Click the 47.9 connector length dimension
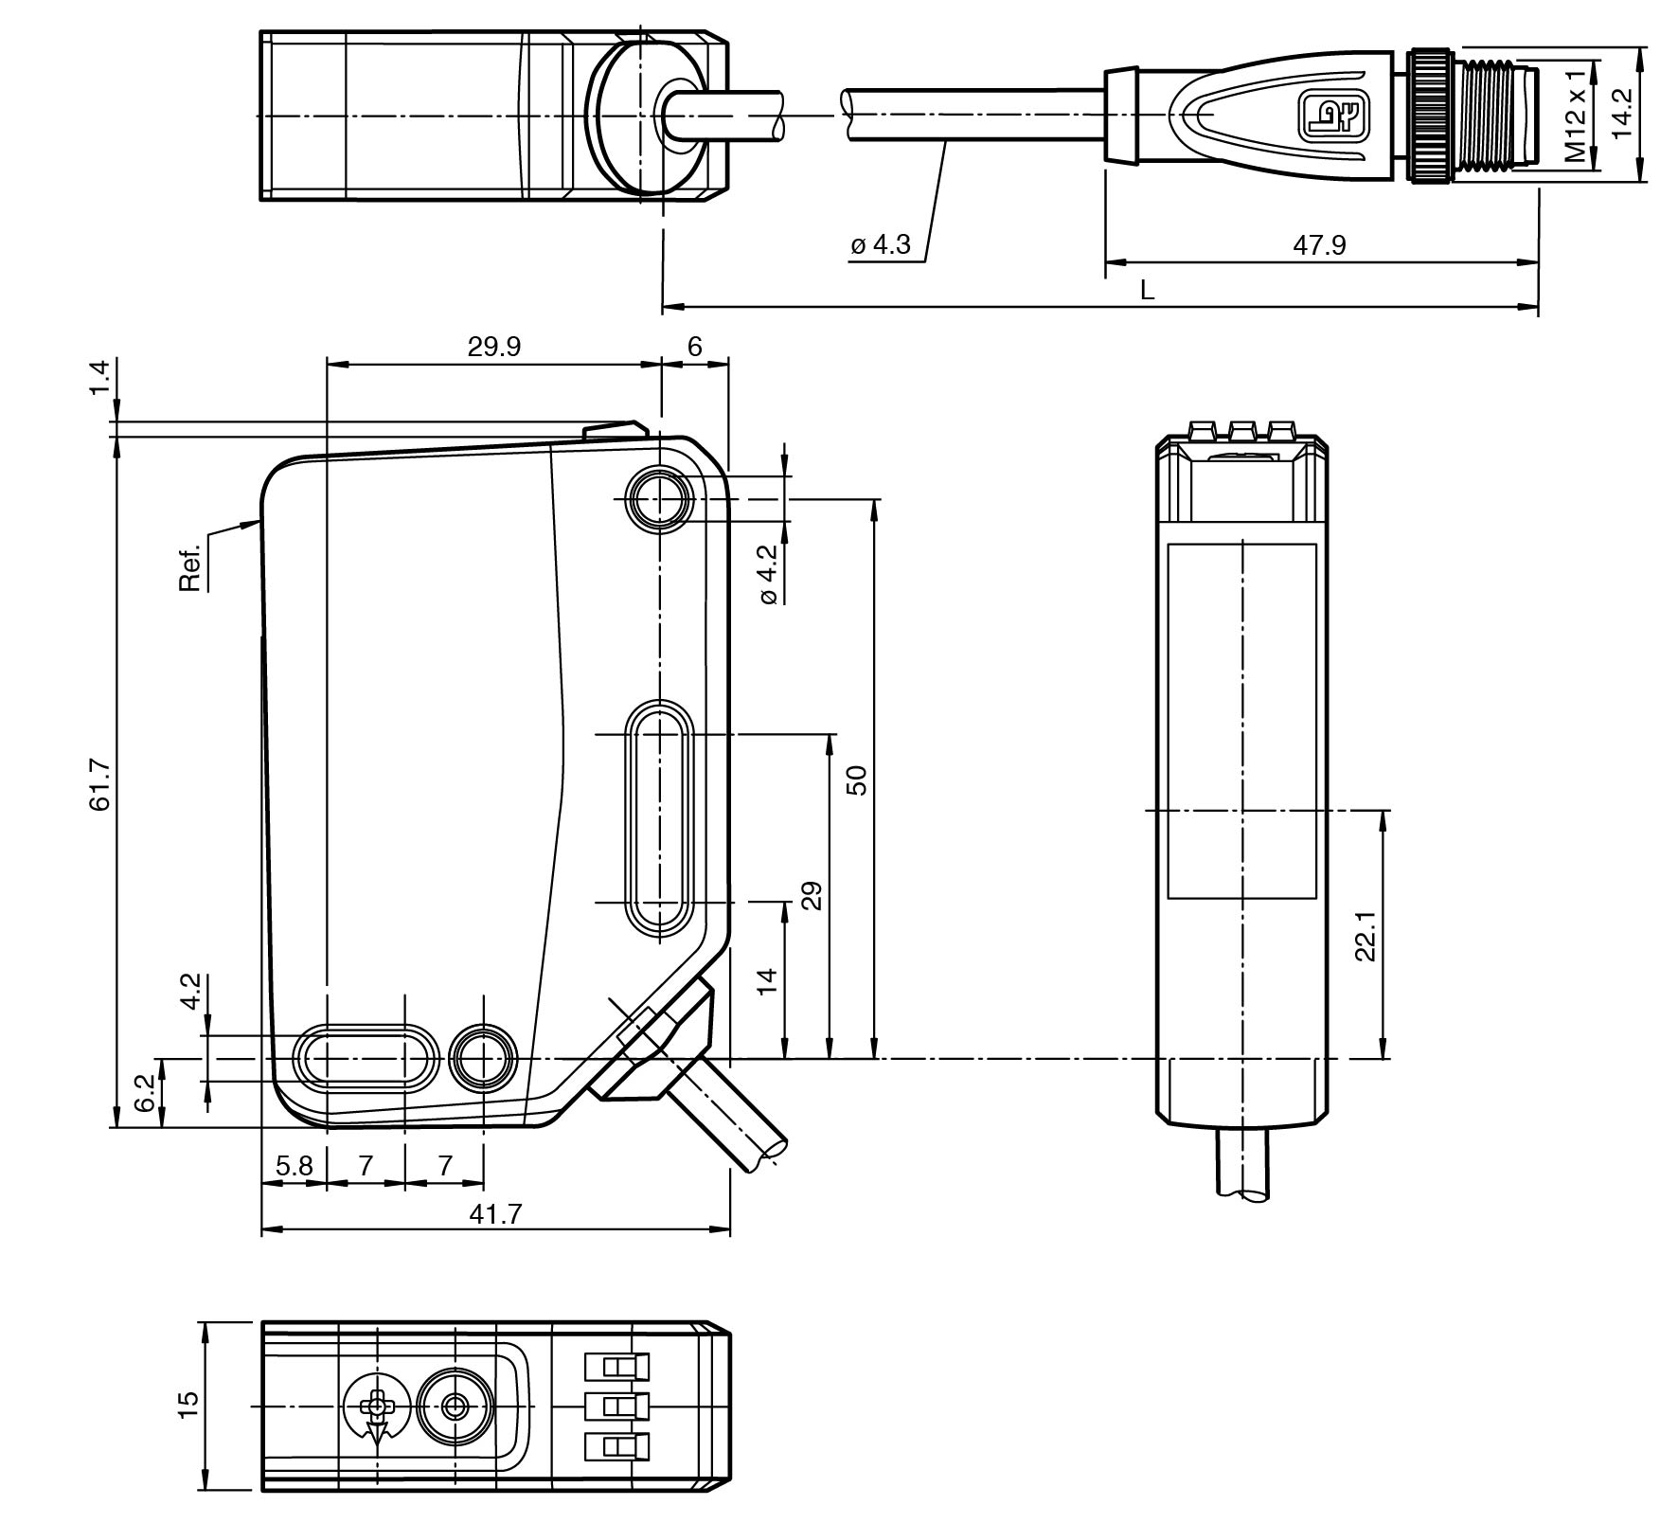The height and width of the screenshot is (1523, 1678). [1319, 245]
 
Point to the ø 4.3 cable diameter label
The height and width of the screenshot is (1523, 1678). [880, 245]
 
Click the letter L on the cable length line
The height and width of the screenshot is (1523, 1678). [1147, 291]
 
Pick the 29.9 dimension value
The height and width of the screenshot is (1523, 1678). [493, 347]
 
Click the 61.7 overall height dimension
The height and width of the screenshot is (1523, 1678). [100, 785]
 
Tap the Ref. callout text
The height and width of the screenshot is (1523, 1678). [190, 567]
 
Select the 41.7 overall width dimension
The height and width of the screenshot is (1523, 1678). [495, 1214]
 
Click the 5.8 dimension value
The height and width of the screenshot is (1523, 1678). [294, 1165]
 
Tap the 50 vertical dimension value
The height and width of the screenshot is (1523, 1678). [855, 780]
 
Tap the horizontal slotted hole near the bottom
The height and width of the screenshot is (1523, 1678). [366, 1058]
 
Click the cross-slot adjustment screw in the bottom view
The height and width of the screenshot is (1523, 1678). [378, 1407]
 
